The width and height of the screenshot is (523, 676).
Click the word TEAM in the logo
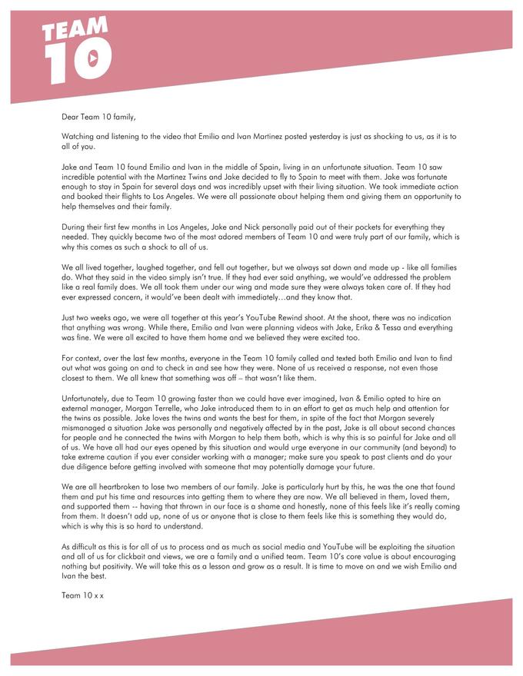click(75, 31)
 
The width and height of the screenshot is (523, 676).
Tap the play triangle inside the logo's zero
click(92, 58)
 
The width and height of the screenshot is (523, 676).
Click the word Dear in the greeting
click(70, 117)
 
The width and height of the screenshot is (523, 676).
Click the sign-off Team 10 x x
click(82, 595)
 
